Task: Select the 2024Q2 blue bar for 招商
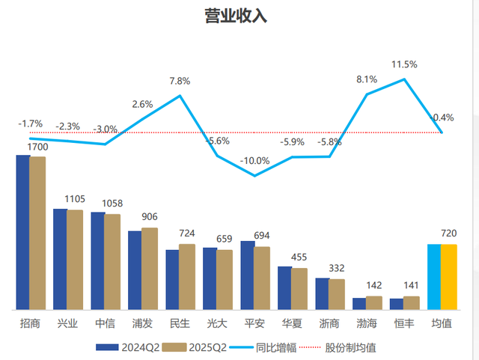tap(23, 232)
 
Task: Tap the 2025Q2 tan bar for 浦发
tap(150, 268)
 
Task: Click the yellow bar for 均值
tap(449, 276)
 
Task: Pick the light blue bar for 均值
tap(434, 276)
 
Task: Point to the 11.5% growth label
tap(404, 64)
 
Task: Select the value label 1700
tap(37, 147)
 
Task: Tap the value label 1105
tap(75, 199)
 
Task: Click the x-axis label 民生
tap(180, 324)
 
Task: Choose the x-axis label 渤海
tap(367, 324)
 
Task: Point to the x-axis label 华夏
tap(292, 324)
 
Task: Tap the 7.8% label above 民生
tap(180, 81)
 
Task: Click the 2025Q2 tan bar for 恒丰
tap(412, 302)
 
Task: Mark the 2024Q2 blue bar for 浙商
tap(322, 293)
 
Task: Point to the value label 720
tap(448, 234)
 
